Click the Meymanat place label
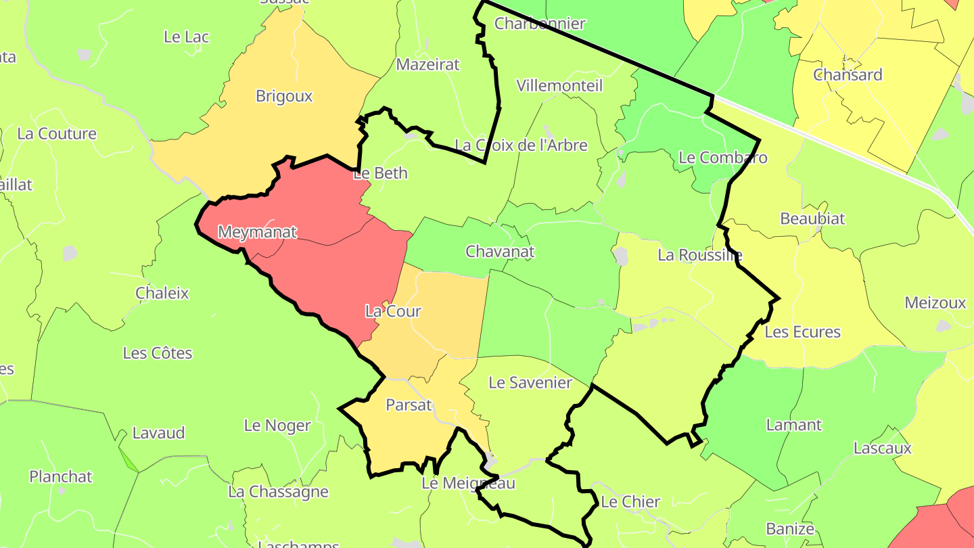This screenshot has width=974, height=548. [x=257, y=232]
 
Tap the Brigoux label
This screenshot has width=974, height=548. [x=284, y=96]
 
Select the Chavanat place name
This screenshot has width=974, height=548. [x=500, y=252]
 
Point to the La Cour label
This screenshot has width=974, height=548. [x=393, y=311]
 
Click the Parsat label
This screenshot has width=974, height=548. [x=409, y=405]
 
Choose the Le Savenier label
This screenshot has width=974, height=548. [x=530, y=383]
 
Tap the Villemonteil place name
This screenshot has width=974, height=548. [x=559, y=85]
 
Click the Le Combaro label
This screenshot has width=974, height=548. [x=723, y=158]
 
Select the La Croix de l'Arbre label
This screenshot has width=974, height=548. [x=521, y=145]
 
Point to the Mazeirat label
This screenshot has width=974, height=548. [x=427, y=64]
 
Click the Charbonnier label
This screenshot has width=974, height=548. [x=540, y=24]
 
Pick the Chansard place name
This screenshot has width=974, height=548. [x=848, y=74]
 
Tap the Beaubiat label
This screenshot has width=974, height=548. [x=812, y=219]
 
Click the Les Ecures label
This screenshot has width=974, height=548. [x=802, y=332]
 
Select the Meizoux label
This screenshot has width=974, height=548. [x=935, y=302]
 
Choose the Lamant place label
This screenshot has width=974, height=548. [x=793, y=425]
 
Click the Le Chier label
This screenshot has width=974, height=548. [x=630, y=502]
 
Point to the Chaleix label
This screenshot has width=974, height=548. [x=162, y=293]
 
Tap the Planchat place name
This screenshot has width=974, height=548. [x=61, y=476]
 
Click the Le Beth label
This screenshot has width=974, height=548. [x=381, y=173]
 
